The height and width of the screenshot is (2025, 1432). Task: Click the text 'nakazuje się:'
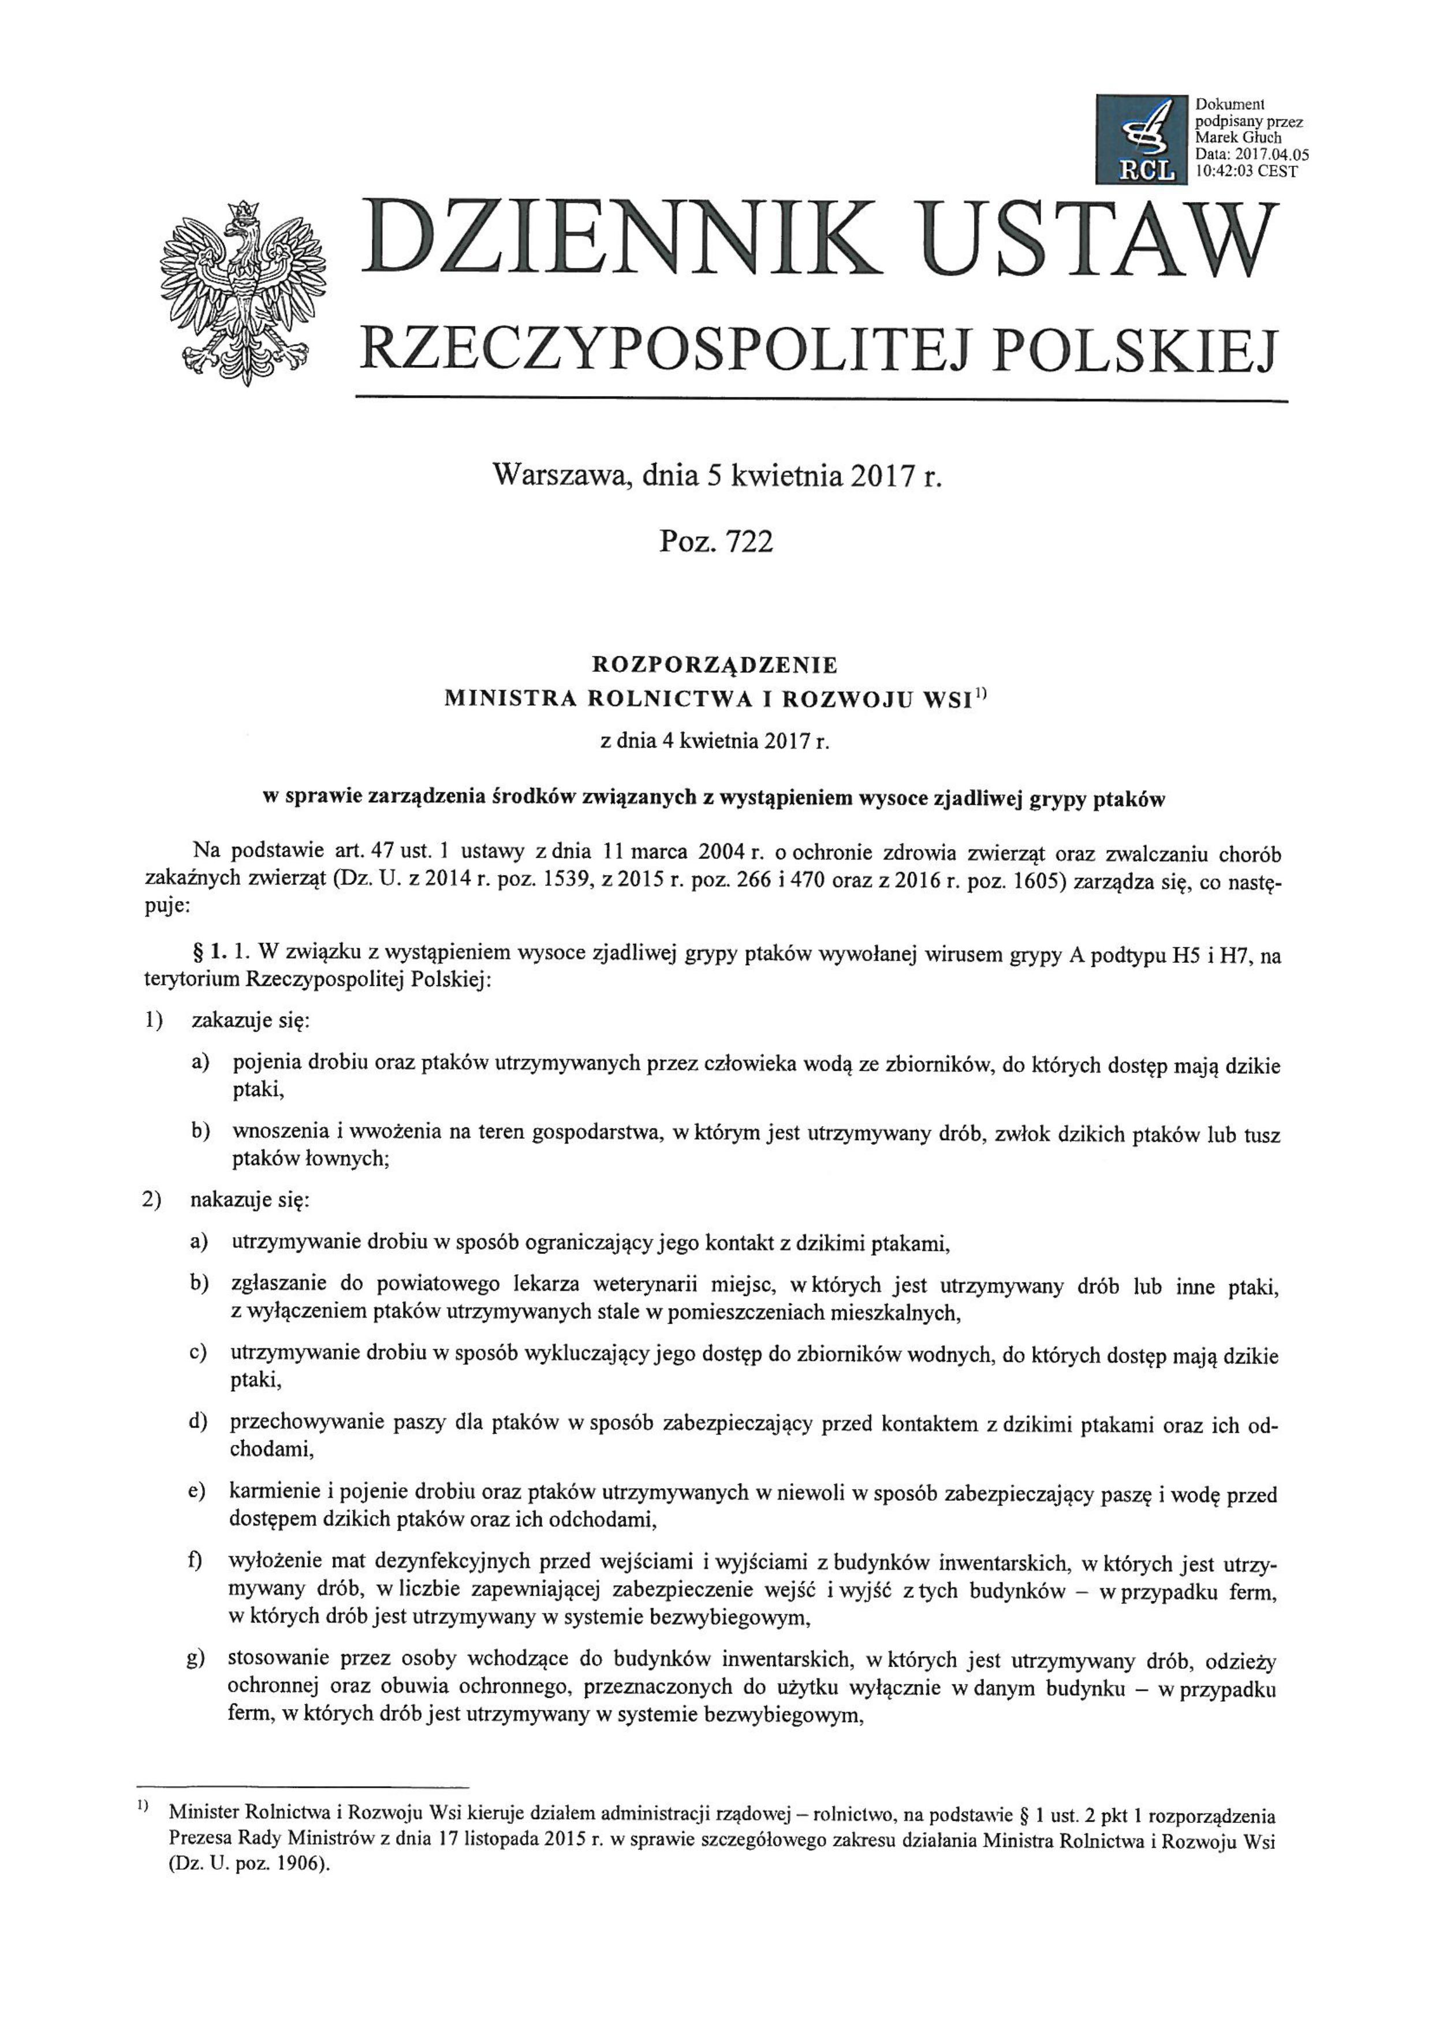coord(249,1201)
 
